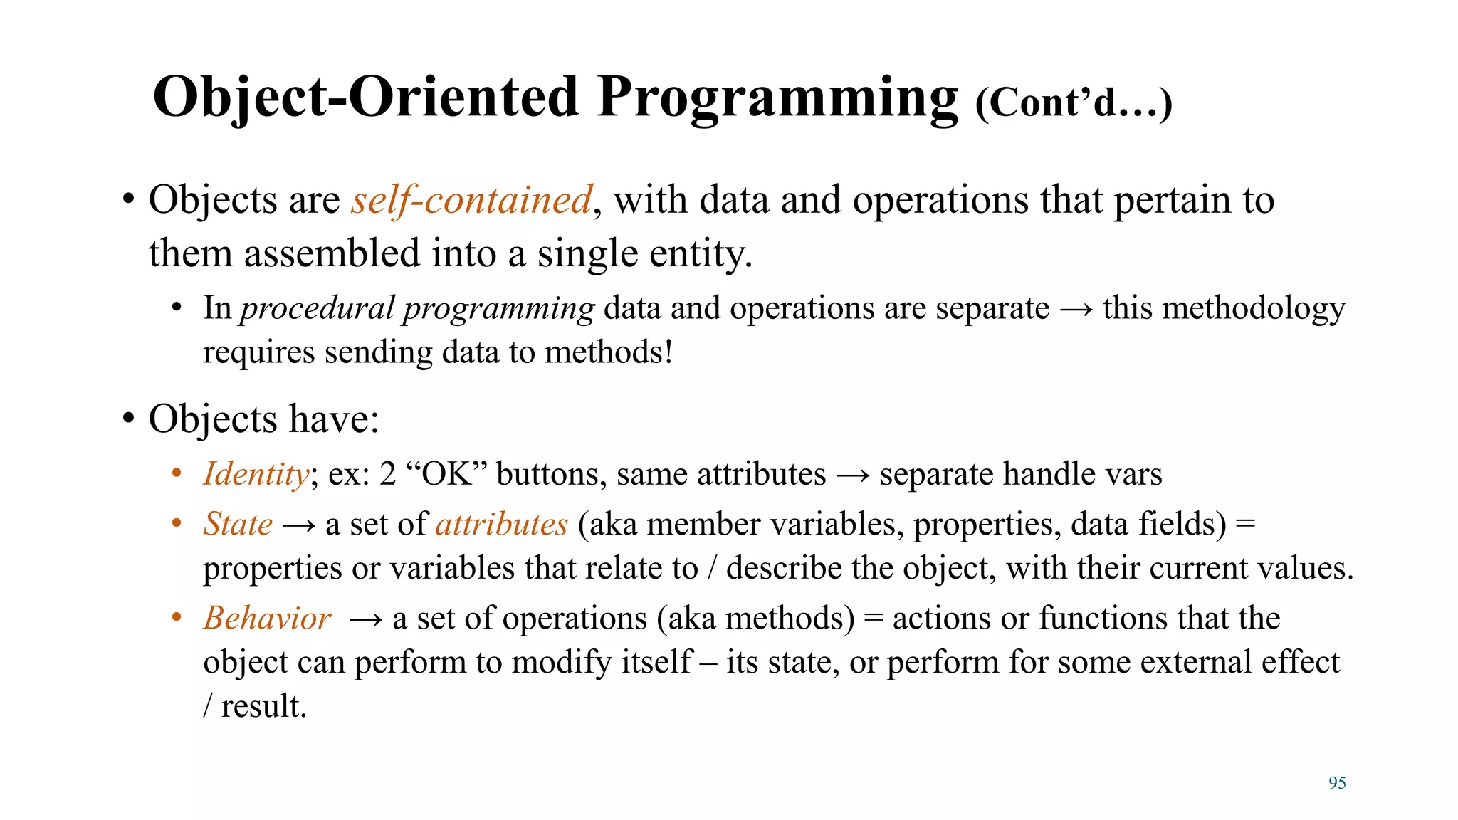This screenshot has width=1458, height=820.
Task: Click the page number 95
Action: (x=1337, y=783)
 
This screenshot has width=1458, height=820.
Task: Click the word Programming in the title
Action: (x=778, y=98)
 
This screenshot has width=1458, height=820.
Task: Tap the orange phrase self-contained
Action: (x=471, y=200)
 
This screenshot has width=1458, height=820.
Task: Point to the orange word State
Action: (x=238, y=525)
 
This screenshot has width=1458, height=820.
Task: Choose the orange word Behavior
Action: (x=267, y=618)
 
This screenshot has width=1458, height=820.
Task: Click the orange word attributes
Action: (x=502, y=525)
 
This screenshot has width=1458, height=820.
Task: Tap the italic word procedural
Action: (x=317, y=309)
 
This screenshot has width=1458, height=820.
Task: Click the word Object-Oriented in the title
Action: (x=365, y=98)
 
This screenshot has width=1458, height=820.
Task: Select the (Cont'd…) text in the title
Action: (x=1073, y=104)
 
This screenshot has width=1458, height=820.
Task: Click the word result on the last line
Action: (x=263, y=707)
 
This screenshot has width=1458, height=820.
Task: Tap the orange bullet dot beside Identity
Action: (x=177, y=474)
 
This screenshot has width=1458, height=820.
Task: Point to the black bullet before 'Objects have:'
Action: (x=128, y=419)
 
